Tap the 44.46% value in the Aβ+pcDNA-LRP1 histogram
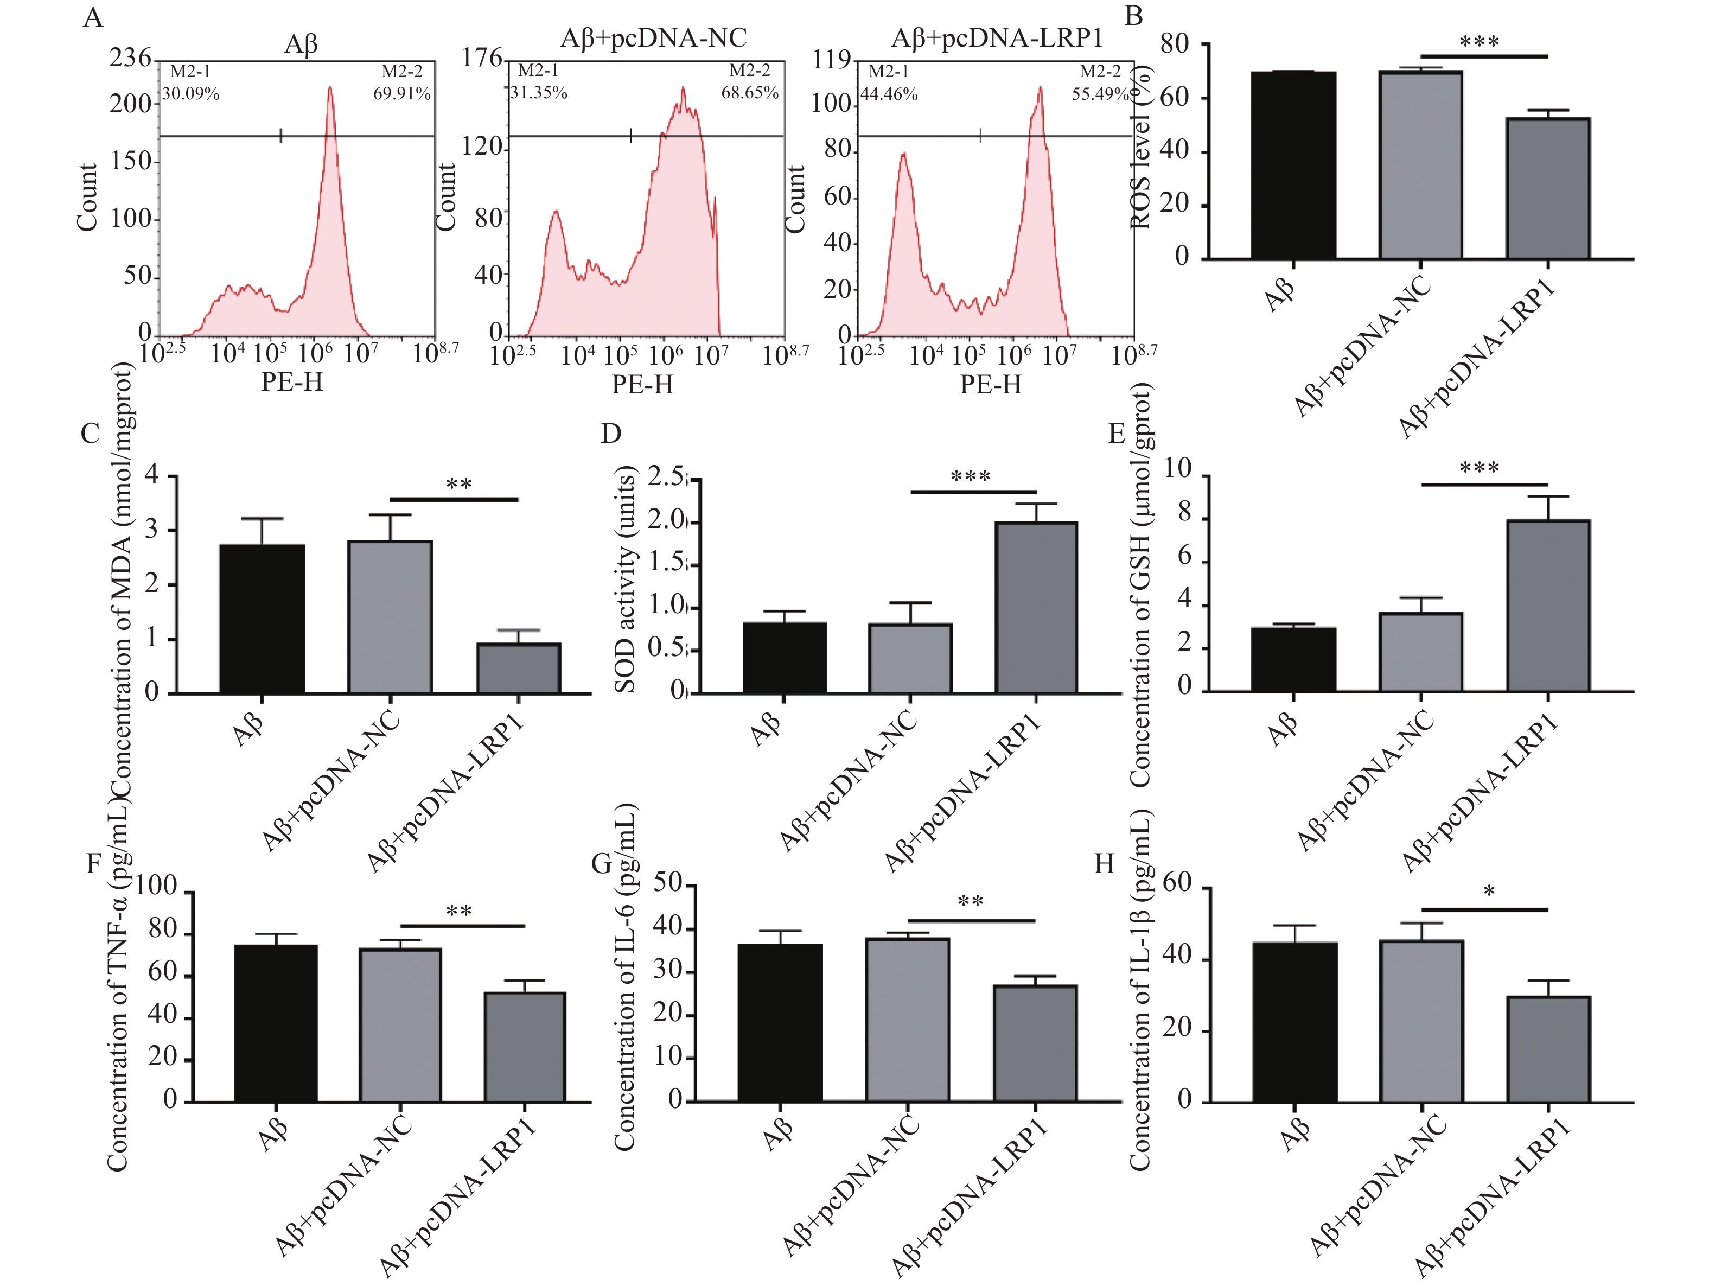889,95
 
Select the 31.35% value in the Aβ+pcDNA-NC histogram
539,93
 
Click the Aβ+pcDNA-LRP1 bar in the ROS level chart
1547,189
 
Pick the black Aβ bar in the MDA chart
262,618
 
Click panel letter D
610,434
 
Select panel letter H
1104,863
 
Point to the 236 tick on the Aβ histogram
130,58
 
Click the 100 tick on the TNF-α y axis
156,885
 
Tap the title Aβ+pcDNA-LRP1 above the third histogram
997,38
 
